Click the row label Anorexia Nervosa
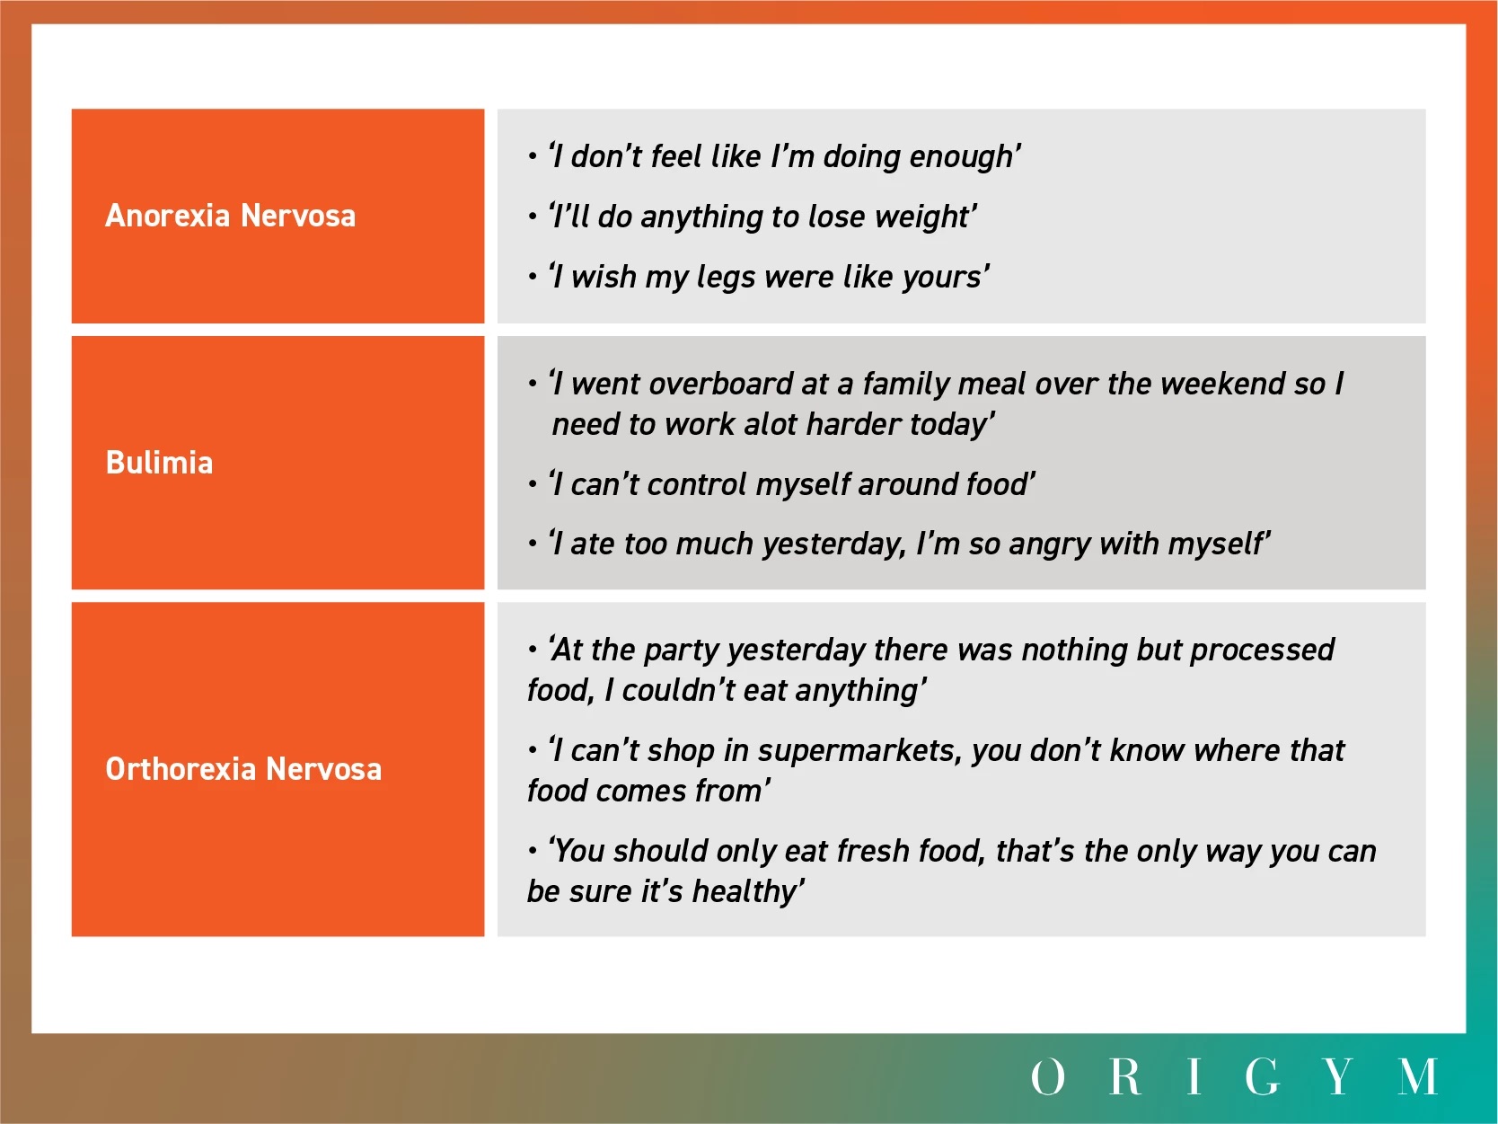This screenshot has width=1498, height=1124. pos(231,216)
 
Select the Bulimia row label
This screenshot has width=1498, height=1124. pos(160,463)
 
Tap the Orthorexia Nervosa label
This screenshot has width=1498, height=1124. pos(243,769)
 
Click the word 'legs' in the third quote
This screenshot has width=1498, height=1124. pos(726,278)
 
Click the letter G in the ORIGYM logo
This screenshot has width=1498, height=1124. pos(1262,1076)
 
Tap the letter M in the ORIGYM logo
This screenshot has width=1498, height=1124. pos(1418,1076)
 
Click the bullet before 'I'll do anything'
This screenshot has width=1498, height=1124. pos(533,217)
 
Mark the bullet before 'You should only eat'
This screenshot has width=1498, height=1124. pos(533,851)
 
